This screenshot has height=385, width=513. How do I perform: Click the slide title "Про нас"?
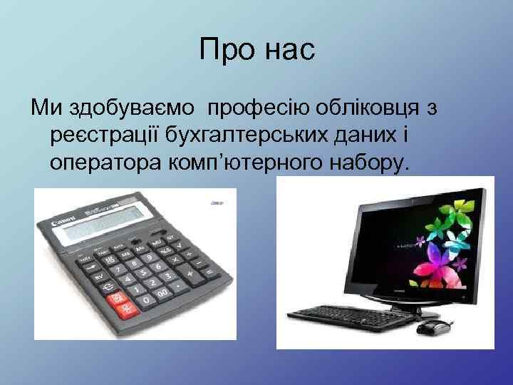(x=256, y=51)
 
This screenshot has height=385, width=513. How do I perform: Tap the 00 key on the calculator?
(x=162, y=292)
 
